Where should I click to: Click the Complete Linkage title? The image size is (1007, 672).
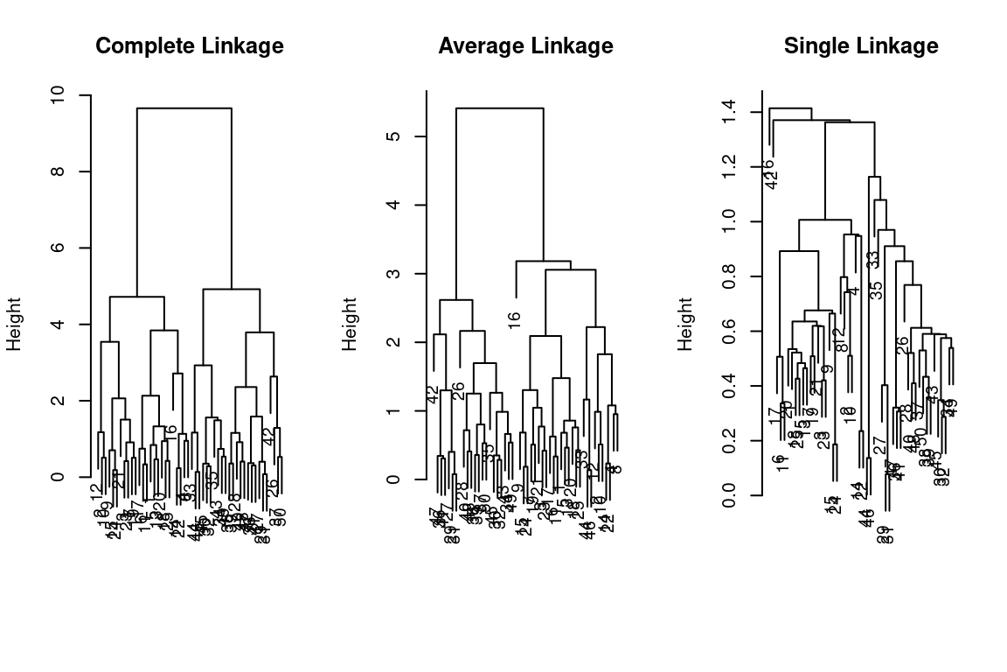[190, 46]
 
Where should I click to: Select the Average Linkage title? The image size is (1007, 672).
[525, 46]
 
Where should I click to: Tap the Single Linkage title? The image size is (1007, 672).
[861, 46]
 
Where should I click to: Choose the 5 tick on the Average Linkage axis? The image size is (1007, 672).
[395, 136]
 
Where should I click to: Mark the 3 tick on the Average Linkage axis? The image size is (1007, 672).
[395, 274]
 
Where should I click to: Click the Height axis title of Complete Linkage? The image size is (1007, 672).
[14, 324]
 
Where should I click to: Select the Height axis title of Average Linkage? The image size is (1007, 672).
[350, 324]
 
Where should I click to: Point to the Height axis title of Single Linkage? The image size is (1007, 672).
[685, 324]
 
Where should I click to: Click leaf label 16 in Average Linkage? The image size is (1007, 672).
[514, 320]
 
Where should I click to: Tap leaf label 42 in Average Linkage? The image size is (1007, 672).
[433, 395]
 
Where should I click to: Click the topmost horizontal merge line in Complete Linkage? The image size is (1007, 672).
[184, 108]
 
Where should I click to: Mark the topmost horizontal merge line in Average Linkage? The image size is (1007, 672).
[499, 108]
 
